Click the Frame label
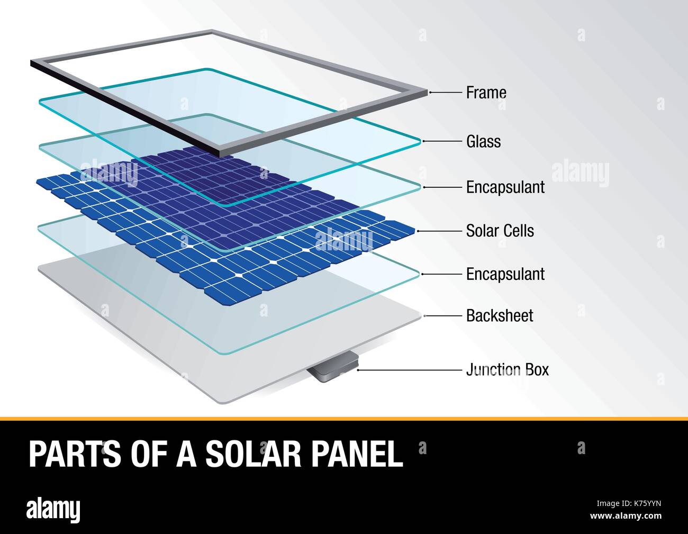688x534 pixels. [x=486, y=93]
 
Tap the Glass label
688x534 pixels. [x=483, y=141]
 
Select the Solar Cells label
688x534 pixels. [x=500, y=231]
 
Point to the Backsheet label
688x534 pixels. [x=499, y=316]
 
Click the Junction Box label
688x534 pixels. [x=507, y=369]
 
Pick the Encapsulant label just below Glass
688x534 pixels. [x=505, y=187]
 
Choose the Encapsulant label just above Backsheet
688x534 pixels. [x=505, y=274]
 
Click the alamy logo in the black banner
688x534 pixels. [x=53, y=510]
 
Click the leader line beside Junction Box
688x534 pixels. [x=410, y=370]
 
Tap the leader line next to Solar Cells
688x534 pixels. [x=439, y=231]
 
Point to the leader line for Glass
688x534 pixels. [x=441, y=141]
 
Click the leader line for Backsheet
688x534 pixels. [x=443, y=316]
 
